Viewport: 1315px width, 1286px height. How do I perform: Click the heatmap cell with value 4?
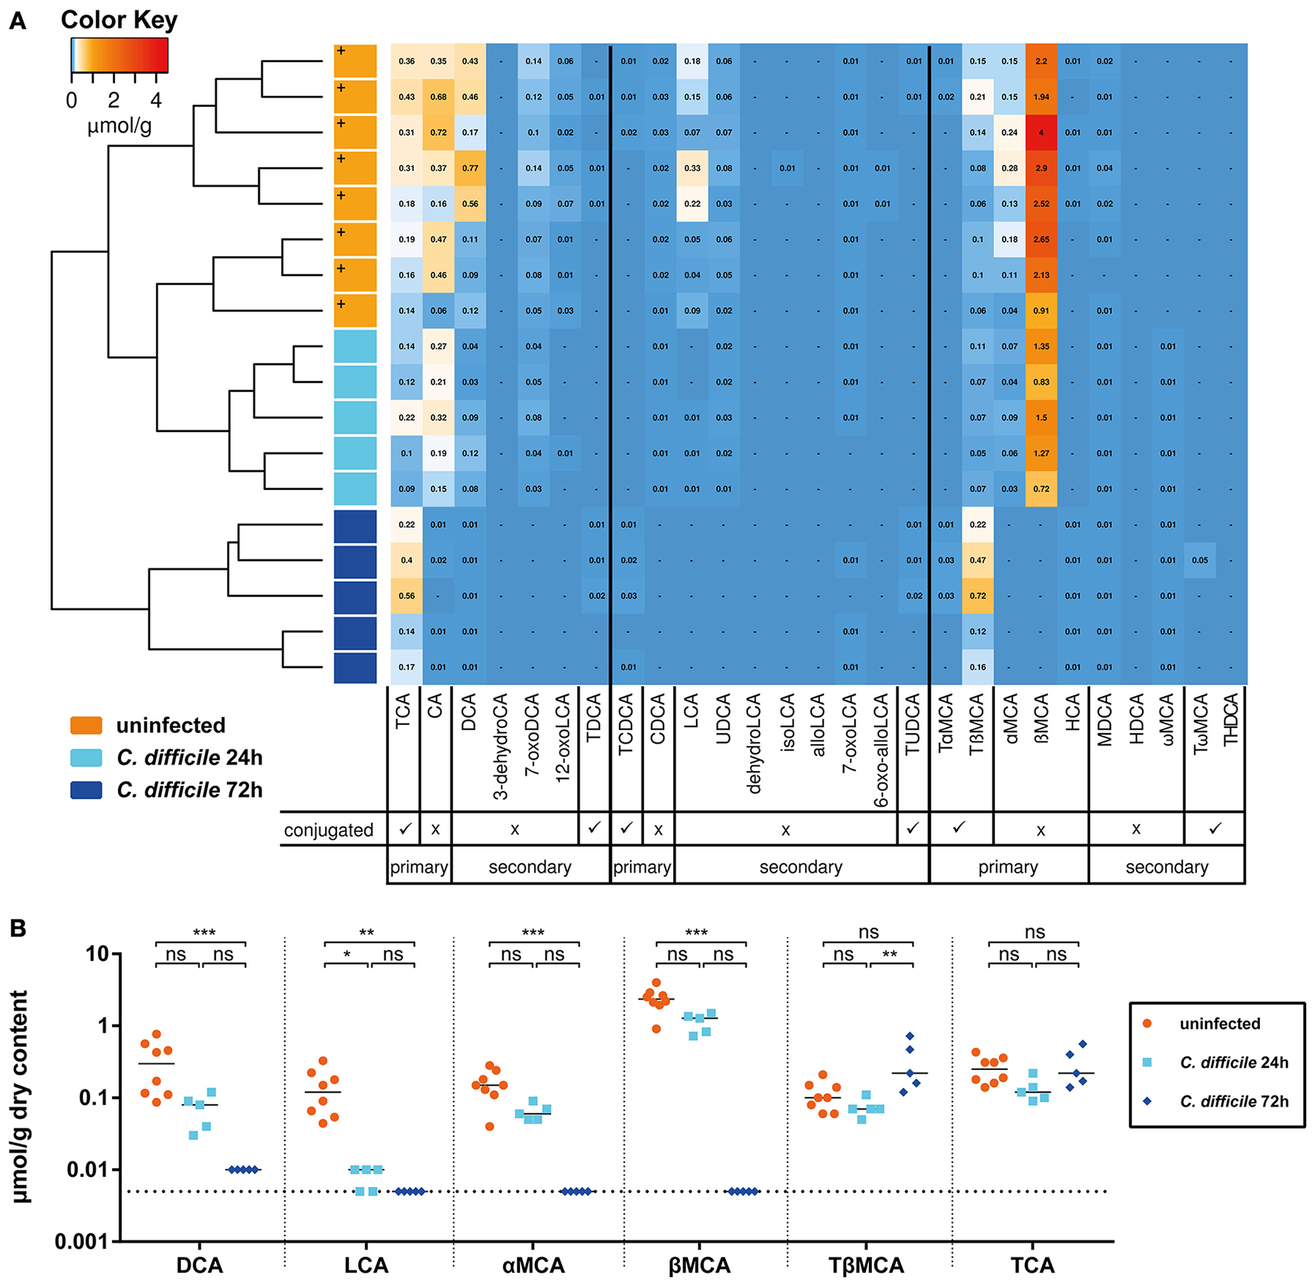(x=1041, y=133)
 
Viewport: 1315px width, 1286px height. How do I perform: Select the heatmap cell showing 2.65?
(x=1041, y=240)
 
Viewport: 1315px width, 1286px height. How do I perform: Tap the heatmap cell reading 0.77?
(x=470, y=168)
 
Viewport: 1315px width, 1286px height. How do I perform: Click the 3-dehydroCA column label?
(x=501, y=747)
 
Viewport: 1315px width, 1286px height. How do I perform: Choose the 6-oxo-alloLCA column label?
(x=882, y=750)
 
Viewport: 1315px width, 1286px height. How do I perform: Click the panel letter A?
(x=17, y=22)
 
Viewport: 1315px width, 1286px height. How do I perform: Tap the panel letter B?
(x=17, y=928)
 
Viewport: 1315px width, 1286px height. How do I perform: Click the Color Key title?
(x=119, y=20)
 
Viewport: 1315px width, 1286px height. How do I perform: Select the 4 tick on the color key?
(x=156, y=99)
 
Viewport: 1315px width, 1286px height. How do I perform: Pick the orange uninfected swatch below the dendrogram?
(x=86, y=725)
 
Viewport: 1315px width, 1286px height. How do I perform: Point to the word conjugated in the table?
(x=328, y=830)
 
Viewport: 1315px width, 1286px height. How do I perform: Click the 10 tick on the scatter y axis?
(x=97, y=954)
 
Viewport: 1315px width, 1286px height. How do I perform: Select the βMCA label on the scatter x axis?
(x=699, y=1266)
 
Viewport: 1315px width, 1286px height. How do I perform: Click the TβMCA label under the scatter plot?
(x=866, y=1266)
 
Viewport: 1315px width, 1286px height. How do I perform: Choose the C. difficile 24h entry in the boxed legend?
(x=1234, y=1063)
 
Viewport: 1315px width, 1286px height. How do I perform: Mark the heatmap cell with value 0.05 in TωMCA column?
(x=1200, y=560)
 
